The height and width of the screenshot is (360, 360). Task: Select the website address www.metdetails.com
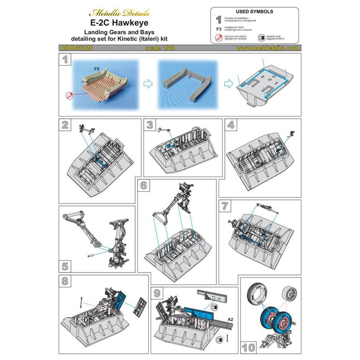(267, 48)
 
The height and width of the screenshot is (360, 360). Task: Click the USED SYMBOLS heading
(255, 11)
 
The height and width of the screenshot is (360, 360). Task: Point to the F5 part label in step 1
(97, 68)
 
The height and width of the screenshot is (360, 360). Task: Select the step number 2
(65, 125)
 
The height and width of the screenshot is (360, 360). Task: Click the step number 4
(230, 125)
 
